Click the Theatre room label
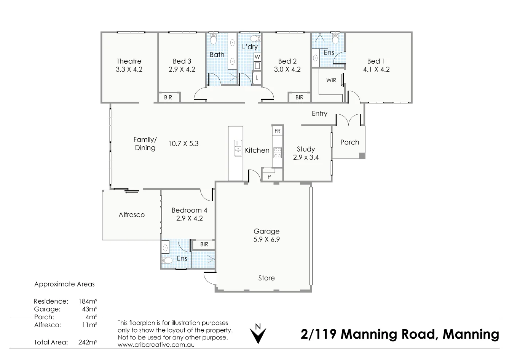click(x=129, y=61)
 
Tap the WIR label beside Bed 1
click(x=331, y=80)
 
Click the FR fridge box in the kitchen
click(x=278, y=131)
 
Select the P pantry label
click(x=269, y=177)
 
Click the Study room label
click(x=306, y=149)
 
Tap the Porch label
click(x=349, y=142)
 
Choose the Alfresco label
click(x=131, y=214)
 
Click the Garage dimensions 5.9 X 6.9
click(x=266, y=239)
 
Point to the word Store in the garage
click(x=266, y=278)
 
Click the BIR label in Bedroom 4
click(x=204, y=244)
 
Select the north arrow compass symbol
click(x=258, y=334)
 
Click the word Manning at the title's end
click(x=471, y=334)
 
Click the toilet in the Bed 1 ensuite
click(x=335, y=39)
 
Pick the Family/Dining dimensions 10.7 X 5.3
click(x=183, y=144)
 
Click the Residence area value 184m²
click(x=88, y=301)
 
